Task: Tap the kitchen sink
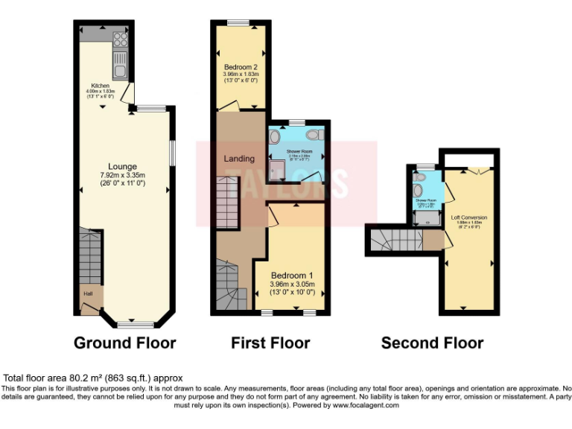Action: (x=119, y=67)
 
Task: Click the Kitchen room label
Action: (x=101, y=86)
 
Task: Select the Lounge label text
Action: (x=123, y=166)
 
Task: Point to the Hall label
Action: (x=88, y=293)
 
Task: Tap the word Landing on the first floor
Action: (x=239, y=159)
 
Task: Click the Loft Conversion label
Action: (x=466, y=217)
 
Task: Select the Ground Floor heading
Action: (x=124, y=343)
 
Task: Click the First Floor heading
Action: (x=270, y=343)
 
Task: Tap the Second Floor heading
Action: (x=432, y=343)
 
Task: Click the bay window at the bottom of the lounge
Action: (x=136, y=325)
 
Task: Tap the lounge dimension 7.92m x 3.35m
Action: (x=123, y=176)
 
